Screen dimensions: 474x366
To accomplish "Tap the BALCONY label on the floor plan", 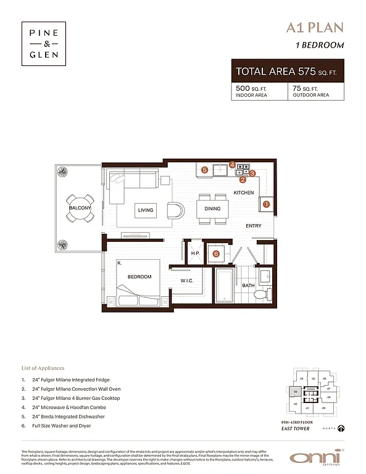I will (x=80, y=209).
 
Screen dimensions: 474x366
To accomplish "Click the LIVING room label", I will (x=146, y=210).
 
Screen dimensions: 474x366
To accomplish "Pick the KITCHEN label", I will (x=243, y=193).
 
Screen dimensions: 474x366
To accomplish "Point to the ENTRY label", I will (x=253, y=226).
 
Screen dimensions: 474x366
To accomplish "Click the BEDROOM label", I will (x=139, y=276).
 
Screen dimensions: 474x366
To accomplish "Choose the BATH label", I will (x=248, y=286).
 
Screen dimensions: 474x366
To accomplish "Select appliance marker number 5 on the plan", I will (x=204, y=169).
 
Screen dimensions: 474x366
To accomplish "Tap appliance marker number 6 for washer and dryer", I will (x=216, y=253).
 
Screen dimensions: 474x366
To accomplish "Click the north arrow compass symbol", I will (x=341, y=428).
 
